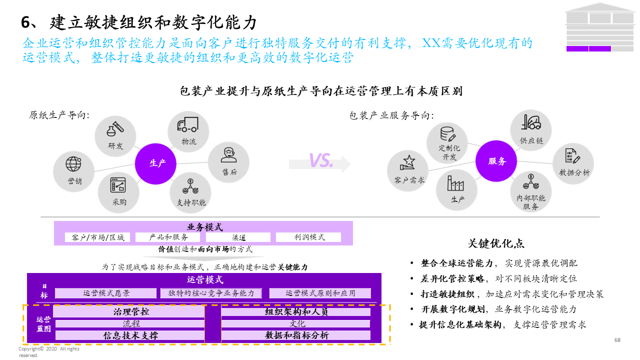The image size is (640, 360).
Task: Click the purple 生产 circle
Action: point(157,163)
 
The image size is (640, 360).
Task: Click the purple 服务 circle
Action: point(497,161)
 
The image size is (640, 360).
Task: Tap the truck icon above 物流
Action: point(187,124)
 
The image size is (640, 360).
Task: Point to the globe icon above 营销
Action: point(73,163)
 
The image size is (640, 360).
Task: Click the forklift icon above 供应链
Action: point(530,123)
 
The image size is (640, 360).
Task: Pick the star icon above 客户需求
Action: point(408,162)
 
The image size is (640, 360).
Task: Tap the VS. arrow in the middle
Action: point(320,161)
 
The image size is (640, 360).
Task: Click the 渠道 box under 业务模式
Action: point(239,237)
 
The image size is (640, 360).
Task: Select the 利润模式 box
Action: point(308,237)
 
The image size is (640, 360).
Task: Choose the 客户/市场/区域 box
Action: point(98,237)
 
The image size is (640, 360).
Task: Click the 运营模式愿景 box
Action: point(106,293)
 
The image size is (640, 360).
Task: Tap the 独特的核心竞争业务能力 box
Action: point(211,293)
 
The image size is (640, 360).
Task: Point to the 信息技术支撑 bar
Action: point(130,335)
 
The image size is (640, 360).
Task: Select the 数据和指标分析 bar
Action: point(296,335)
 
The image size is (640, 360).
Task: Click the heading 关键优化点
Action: point(496,243)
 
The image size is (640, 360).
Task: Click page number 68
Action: point(617,340)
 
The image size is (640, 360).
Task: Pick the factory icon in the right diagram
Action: point(455,183)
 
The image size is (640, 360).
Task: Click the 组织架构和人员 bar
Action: point(296,312)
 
